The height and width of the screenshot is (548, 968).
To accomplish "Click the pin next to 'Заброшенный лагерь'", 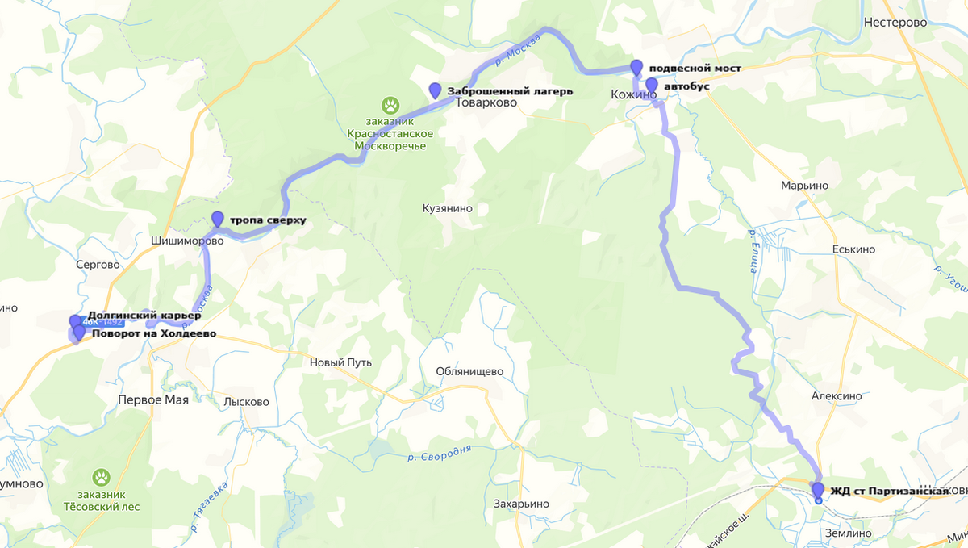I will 436,90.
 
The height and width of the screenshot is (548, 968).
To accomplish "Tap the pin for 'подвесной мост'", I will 636,68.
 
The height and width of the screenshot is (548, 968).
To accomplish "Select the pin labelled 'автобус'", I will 652,86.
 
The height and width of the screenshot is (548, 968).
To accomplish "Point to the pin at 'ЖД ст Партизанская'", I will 818,491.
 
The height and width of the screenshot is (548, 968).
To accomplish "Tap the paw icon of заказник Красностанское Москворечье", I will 391,105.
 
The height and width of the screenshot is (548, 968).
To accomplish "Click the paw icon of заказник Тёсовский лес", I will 101,478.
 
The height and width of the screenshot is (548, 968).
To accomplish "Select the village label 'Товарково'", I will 486,103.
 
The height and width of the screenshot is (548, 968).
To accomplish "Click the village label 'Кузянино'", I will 447,208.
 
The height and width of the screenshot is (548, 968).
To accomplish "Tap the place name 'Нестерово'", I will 895,23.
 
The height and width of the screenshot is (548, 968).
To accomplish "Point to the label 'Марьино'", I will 804,186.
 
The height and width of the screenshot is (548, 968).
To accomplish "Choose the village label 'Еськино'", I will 853,249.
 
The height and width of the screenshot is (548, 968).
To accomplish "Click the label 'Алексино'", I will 837,396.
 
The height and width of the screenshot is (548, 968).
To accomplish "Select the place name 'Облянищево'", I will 469,371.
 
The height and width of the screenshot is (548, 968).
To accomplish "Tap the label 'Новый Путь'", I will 341,362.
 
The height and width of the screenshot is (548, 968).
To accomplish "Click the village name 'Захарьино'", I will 521,504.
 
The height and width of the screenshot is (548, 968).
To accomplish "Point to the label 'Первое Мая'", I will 153,399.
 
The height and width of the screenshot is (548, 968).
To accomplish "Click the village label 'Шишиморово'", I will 186,241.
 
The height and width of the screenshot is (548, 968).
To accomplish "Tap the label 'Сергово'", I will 97,265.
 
